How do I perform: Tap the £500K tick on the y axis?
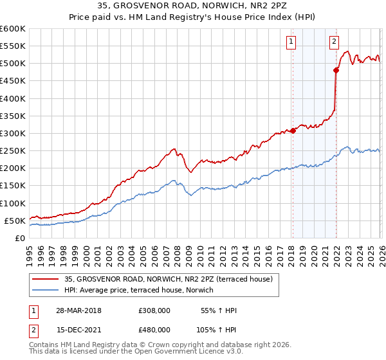click(x=13, y=64)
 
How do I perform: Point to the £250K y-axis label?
click(x=13, y=150)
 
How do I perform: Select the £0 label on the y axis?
click(x=19, y=238)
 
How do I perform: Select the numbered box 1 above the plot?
click(x=291, y=42)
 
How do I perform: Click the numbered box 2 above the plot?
click(x=335, y=42)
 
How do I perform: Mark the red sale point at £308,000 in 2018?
click(x=292, y=130)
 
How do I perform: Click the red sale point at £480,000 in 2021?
click(x=335, y=71)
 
